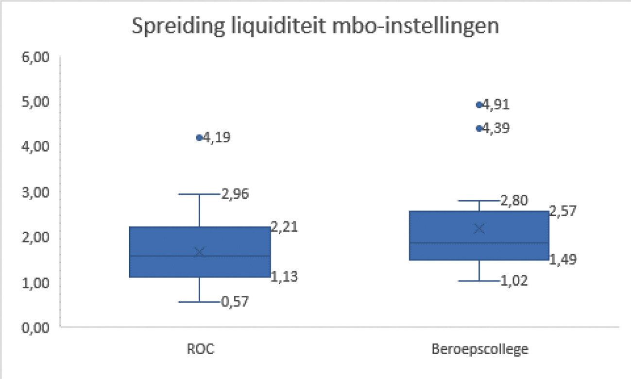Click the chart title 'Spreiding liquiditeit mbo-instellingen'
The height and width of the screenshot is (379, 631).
[x=316, y=27]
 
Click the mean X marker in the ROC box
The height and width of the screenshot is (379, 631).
[x=199, y=252]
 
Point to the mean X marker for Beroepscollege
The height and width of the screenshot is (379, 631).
[x=479, y=228]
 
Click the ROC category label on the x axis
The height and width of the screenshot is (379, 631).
[x=200, y=350]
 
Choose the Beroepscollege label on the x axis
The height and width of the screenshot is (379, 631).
[x=479, y=350]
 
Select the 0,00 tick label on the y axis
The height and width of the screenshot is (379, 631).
[x=36, y=327]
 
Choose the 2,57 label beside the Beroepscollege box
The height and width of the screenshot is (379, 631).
[x=563, y=211]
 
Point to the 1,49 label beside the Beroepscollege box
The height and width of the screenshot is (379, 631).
[x=563, y=260]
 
